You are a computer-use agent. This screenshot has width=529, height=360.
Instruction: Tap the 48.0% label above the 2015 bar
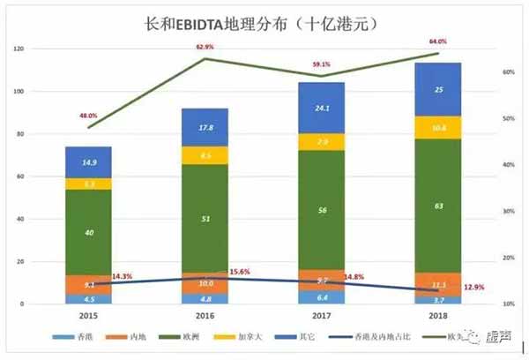point(87,115)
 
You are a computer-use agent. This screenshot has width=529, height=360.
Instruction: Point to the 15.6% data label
point(240,272)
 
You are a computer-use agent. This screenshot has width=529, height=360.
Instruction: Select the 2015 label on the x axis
point(87,315)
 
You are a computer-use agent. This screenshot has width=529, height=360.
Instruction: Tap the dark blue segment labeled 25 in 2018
point(438,89)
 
